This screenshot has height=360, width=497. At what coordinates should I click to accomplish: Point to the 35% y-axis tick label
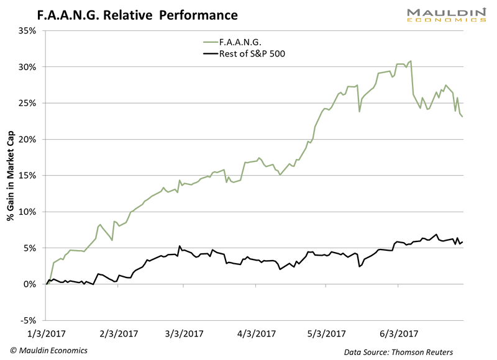coord(29,30)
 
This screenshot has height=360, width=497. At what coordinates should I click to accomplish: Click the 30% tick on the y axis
coord(29,66)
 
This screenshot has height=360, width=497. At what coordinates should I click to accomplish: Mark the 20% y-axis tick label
coord(29,139)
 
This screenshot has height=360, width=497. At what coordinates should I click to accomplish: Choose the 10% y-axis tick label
coord(29,212)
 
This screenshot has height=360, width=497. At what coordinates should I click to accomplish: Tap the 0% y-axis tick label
coord(30,284)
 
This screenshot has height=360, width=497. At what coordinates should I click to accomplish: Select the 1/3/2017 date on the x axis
coord(47,334)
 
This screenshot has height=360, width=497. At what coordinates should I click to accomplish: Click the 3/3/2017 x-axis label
coord(186,334)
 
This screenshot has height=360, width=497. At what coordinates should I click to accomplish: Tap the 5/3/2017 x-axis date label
coord(324,334)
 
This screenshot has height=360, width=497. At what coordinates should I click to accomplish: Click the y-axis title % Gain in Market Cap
coord(11,176)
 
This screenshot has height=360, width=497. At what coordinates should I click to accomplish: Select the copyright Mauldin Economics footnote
coord(48,350)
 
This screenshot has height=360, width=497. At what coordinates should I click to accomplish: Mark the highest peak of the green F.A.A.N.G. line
coord(411,61)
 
